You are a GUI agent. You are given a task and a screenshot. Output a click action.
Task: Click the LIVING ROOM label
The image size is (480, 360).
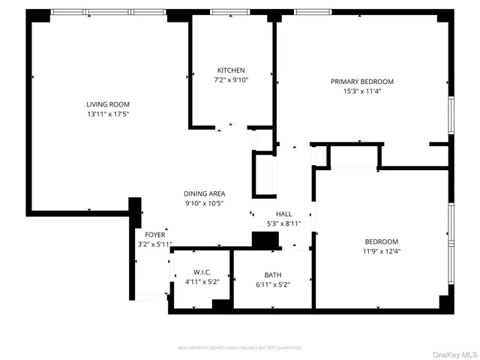tap(108, 104)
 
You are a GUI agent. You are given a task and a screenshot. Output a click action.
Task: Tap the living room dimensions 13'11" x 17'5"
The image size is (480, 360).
tap(108, 114)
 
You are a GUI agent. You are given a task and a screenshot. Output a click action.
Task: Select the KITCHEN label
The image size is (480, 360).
tap(231, 70)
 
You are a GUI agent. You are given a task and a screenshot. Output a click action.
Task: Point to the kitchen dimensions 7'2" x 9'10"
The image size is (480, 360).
tap(231, 80)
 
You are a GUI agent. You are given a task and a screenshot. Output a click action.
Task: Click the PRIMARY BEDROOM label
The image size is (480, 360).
tap(362, 82)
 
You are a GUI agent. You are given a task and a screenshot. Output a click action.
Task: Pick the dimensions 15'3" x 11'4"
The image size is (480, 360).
tap(362, 91)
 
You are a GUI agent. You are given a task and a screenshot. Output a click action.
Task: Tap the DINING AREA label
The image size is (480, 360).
tap(205, 193)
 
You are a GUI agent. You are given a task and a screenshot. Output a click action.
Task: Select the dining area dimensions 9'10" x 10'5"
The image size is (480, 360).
tap(205, 203)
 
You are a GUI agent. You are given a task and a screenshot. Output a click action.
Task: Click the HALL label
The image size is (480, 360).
tap(283, 214)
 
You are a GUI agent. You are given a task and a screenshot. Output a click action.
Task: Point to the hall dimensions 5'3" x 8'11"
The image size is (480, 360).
tap(283, 223)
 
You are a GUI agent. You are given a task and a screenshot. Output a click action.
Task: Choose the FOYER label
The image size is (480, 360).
tap(154, 234)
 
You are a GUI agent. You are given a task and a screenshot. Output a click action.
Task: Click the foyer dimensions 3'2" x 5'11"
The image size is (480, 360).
tap(154, 244)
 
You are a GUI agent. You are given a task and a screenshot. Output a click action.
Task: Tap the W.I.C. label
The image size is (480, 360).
tap(202, 272)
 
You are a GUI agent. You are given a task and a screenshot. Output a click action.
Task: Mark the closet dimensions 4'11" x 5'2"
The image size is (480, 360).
tap(202, 282)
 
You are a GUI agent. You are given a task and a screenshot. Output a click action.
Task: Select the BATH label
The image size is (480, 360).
tap(273, 274)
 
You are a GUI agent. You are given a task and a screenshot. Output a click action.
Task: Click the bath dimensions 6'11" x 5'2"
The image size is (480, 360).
tap(273, 284)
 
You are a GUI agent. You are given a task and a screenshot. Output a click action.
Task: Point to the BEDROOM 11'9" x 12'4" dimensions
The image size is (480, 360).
tap(381, 251)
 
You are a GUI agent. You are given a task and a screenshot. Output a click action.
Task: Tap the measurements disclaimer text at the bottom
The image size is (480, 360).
tap(239, 348)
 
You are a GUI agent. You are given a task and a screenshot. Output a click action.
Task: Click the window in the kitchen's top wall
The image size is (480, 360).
tap(230, 12)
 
